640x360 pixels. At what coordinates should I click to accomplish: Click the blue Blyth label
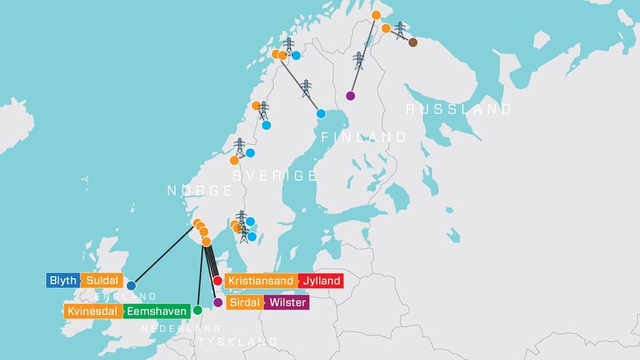click(x=63, y=280)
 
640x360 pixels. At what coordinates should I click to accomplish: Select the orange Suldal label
click(x=100, y=280)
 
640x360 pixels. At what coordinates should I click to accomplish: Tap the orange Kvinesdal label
click(x=92, y=311)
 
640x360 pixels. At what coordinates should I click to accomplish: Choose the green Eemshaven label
click(x=156, y=311)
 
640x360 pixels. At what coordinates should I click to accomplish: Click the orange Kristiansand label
click(x=260, y=281)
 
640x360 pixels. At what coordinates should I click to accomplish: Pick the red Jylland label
click(x=321, y=281)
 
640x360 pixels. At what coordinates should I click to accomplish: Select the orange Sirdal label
click(x=244, y=303)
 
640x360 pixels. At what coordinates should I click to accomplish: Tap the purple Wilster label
click(x=287, y=303)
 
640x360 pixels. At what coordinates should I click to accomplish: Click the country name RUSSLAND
click(x=458, y=109)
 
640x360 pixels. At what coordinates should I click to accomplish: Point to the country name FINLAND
click(x=364, y=138)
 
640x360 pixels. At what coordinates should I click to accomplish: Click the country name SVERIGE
click(x=275, y=176)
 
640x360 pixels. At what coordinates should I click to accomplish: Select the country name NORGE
click(x=199, y=190)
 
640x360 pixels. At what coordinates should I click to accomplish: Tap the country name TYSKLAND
click(x=237, y=342)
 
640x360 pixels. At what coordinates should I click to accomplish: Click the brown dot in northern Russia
click(x=413, y=42)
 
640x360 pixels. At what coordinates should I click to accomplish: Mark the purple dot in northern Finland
click(x=351, y=95)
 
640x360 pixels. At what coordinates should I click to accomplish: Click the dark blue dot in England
click(x=131, y=286)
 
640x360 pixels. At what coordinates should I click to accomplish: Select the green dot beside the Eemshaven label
click(x=197, y=309)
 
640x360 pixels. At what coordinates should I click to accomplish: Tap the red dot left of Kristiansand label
click(x=217, y=281)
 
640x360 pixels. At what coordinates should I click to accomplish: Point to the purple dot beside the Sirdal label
click(x=217, y=303)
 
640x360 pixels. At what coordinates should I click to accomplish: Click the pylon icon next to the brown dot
click(x=400, y=30)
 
